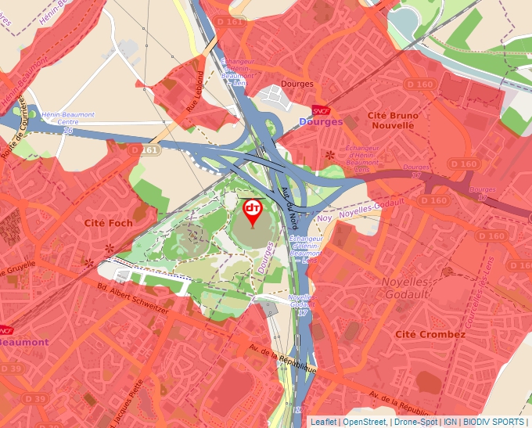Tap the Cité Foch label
(x=109, y=223)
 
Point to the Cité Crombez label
(x=430, y=334)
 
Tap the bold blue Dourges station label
(x=321, y=122)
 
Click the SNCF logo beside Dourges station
(x=320, y=110)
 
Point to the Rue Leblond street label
(x=199, y=92)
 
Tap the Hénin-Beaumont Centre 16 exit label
(x=68, y=122)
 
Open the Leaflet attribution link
(x=323, y=422)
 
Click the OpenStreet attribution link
(x=365, y=422)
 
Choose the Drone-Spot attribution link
(x=415, y=422)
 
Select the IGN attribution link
(x=450, y=422)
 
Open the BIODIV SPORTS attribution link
(x=494, y=422)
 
